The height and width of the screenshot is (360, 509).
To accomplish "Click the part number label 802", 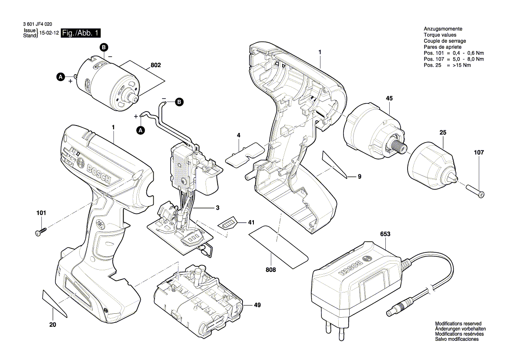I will point(155,65).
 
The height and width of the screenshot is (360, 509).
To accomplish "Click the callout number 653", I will point(385,234).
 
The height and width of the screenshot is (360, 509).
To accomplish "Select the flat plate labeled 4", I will point(245,153).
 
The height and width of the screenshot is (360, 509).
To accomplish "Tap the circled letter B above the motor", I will point(104,47).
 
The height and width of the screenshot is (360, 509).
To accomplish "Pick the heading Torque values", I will point(440,35).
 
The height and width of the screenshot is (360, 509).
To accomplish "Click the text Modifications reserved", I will point(458,323).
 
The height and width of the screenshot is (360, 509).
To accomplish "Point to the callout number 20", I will point(53,324).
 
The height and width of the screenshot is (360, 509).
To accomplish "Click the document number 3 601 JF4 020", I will point(37,26).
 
